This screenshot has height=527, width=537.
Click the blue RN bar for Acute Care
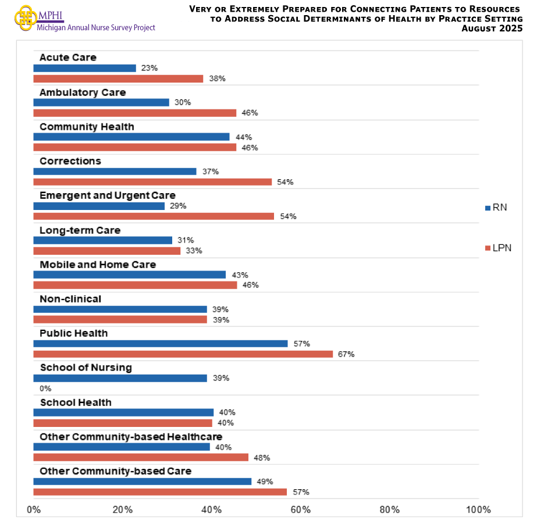[84, 68]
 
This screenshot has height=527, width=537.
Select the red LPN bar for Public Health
[183, 354]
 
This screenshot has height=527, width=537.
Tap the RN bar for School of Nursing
[120, 378]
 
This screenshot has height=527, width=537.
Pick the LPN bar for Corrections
[152, 182]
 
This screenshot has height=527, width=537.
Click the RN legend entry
[495, 208]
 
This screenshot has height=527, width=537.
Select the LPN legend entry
[497, 248]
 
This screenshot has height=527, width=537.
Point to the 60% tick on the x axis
[300, 510]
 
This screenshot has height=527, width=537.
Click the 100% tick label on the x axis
[478, 510]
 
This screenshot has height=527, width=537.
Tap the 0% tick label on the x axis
[34, 510]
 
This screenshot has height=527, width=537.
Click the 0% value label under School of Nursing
[45, 389]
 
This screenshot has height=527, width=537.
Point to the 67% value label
[346, 354]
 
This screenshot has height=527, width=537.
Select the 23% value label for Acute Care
[150, 68]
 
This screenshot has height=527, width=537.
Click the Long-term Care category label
[80, 230]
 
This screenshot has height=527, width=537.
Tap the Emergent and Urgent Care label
[107, 195]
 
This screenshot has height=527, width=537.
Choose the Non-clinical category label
[70, 299]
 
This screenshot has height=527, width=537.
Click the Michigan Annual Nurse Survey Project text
[95, 27]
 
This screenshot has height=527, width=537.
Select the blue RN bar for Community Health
[131, 137]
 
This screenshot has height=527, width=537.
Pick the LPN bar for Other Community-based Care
[160, 492]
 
